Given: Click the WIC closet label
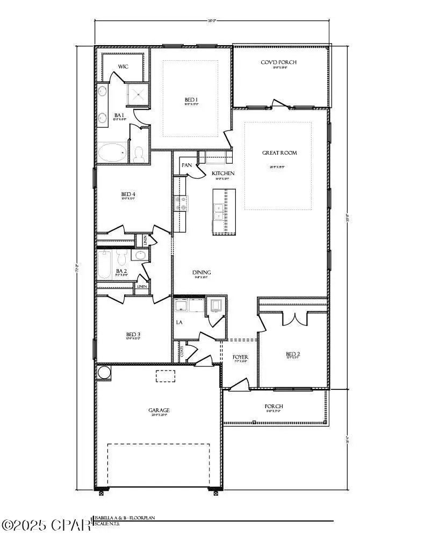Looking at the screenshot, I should click(123, 67).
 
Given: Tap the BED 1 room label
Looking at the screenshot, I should click(191, 100).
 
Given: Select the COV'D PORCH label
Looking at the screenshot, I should click(278, 62).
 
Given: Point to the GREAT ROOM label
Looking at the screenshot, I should click(279, 153).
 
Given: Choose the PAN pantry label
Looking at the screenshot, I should click(187, 165).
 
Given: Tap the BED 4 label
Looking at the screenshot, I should click(127, 194).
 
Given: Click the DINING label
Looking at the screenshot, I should click(201, 272).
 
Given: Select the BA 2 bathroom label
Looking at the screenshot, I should click(120, 271).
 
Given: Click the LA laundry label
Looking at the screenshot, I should click(180, 323).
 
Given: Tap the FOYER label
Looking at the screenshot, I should click(240, 357).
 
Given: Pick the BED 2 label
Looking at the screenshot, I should click(293, 354).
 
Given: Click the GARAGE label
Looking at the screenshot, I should click(159, 410).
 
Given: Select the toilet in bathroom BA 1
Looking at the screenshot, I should click(139, 154).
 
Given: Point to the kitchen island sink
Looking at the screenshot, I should click(218, 212).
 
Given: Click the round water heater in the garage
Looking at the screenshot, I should click(103, 372).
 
